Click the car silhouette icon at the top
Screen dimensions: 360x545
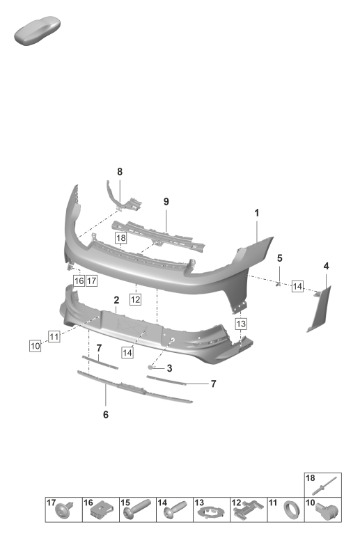(x=37, y=30)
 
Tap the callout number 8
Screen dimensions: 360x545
(x=120, y=172)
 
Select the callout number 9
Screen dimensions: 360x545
(x=166, y=202)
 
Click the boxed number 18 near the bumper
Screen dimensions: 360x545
(x=120, y=238)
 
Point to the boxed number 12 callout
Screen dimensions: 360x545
(x=135, y=299)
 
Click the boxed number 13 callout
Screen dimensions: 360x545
(x=241, y=324)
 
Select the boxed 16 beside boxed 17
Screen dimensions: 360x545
(x=79, y=281)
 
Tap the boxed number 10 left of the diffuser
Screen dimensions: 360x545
(x=35, y=346)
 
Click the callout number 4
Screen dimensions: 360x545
(x=326, y=267)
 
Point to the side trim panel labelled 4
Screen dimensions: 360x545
(x=320, y=309)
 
